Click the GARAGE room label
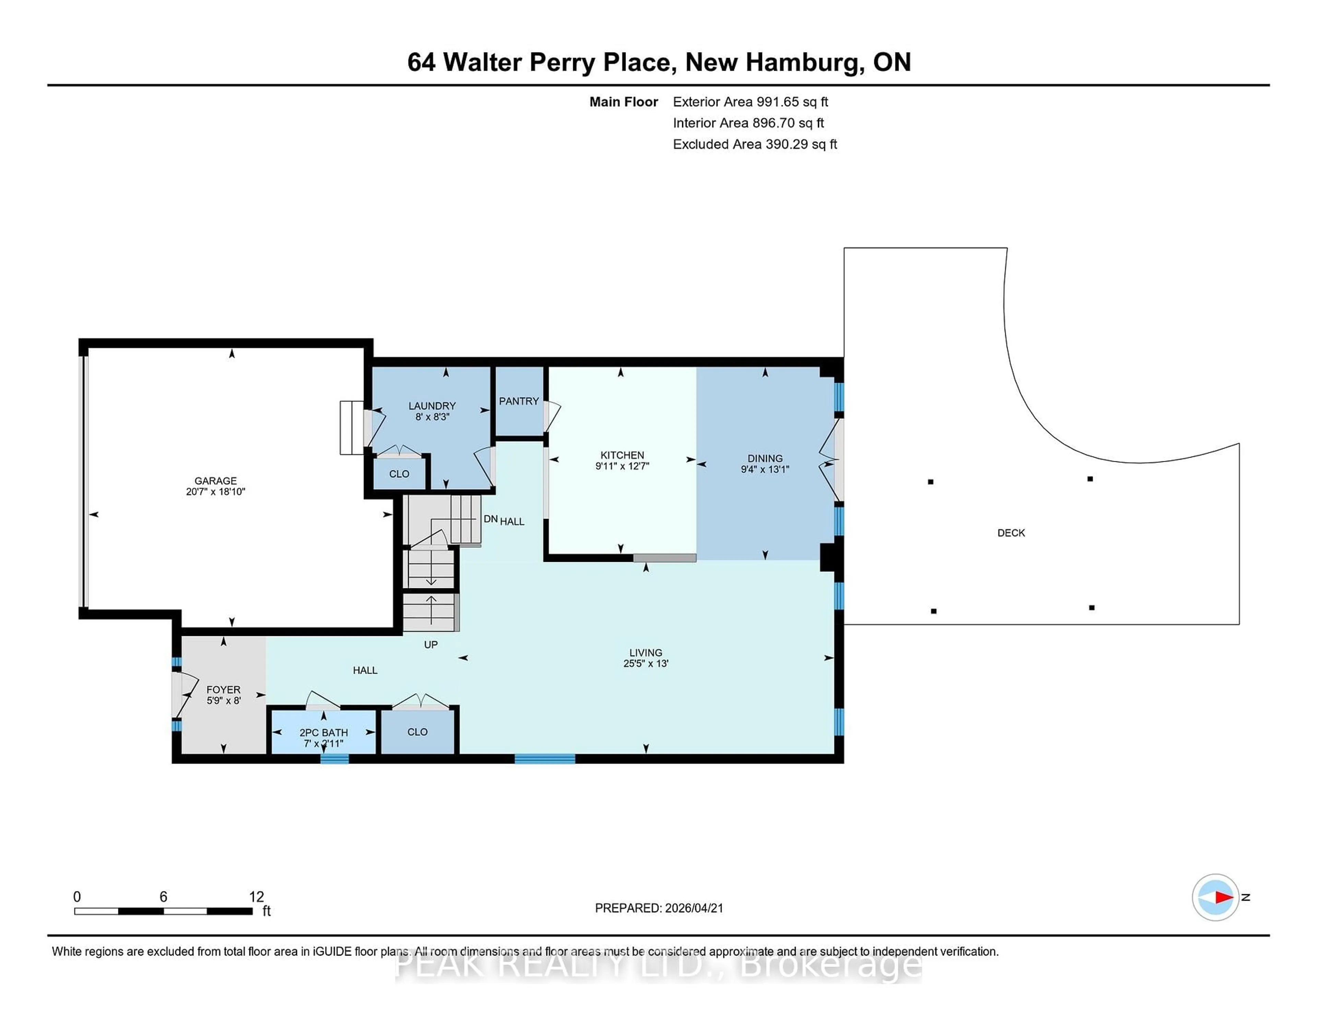[215, 481]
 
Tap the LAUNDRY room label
[432, 406]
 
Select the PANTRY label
[519, 401]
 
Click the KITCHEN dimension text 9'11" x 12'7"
[622, 466]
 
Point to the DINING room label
[764, 458]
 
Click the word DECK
[1011, 533]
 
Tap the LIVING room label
[645, 652]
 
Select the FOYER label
[223, 689]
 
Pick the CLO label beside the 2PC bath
[417, 732]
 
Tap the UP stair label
[430, 644]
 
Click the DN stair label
[490, 519]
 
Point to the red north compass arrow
[1223, 897]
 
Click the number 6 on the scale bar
[163, 897]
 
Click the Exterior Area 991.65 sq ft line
[750, 102]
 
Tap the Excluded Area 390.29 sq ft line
[755, 144]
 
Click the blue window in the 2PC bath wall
[334, 759]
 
